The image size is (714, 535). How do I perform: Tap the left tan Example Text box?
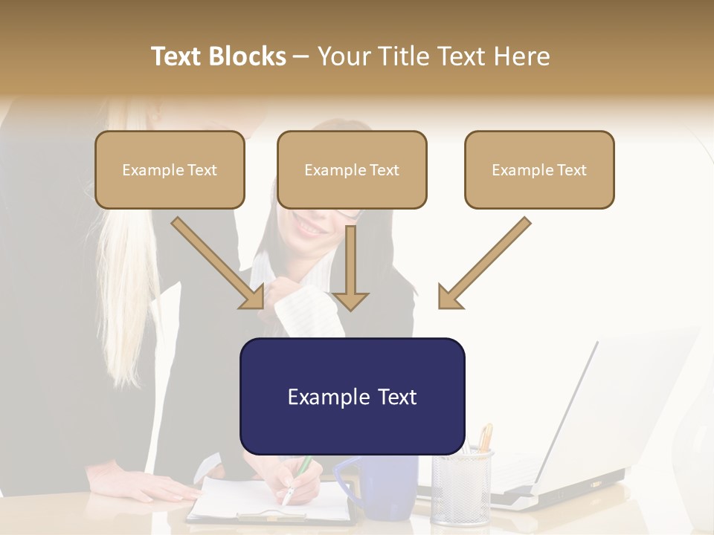click(x=170, y=169)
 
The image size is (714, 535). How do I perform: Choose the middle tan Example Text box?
click(x=352, y=169)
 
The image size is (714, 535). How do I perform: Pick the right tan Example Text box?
click(x=539, y=169)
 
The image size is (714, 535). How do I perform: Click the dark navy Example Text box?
click(x=352, y=396)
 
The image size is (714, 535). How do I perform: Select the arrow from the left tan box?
click(x=219, y=263)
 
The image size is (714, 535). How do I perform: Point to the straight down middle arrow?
click(x=350, y=268)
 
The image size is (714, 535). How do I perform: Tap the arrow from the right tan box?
click(x=484, y=263)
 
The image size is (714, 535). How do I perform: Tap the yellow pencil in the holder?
click(x=486, y=438)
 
